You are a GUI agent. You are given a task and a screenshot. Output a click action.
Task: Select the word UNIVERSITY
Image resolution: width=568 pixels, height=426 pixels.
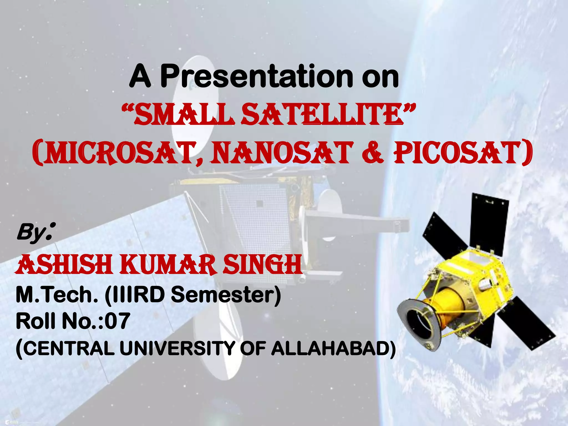pos(177,348)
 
